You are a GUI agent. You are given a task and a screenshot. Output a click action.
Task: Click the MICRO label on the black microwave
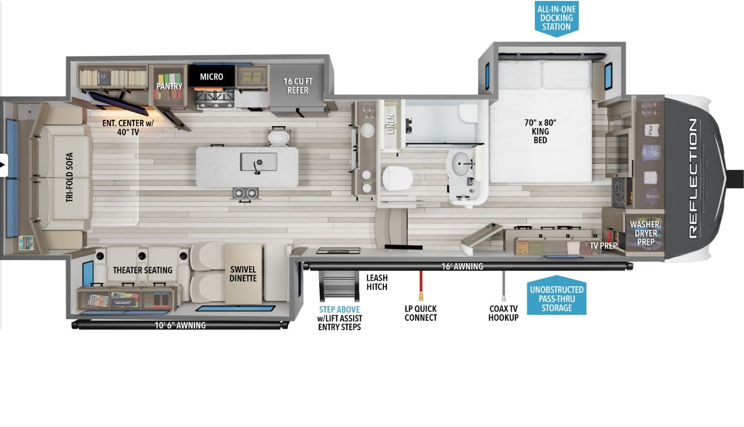[212, 77]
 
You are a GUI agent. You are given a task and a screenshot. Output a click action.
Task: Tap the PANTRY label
[169, 86]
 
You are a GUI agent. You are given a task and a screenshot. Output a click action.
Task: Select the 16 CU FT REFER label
[298, 86]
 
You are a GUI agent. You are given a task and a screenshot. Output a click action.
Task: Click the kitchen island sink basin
[259, 162]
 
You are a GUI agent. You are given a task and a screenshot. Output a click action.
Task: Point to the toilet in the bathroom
[397, 178]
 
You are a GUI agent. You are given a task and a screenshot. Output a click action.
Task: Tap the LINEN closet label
[390, 124]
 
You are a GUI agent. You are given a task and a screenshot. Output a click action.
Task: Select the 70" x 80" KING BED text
[540, 131]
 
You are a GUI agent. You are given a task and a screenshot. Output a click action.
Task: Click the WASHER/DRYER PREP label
[646, 233]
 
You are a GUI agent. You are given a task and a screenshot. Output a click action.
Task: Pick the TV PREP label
[603, 246]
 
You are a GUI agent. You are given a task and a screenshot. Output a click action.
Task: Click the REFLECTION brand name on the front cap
[692, 178]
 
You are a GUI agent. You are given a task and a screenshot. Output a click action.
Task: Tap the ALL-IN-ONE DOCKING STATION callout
[557, 18]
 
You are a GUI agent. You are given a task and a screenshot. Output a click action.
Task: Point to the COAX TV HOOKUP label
[503, 313]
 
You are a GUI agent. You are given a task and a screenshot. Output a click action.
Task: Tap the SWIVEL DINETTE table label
[243, 274]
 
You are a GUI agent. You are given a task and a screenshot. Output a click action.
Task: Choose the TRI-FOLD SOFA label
[69, 177]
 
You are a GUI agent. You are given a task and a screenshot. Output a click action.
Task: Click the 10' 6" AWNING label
[180, 325]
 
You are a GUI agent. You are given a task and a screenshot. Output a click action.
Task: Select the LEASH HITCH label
[377, 282]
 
